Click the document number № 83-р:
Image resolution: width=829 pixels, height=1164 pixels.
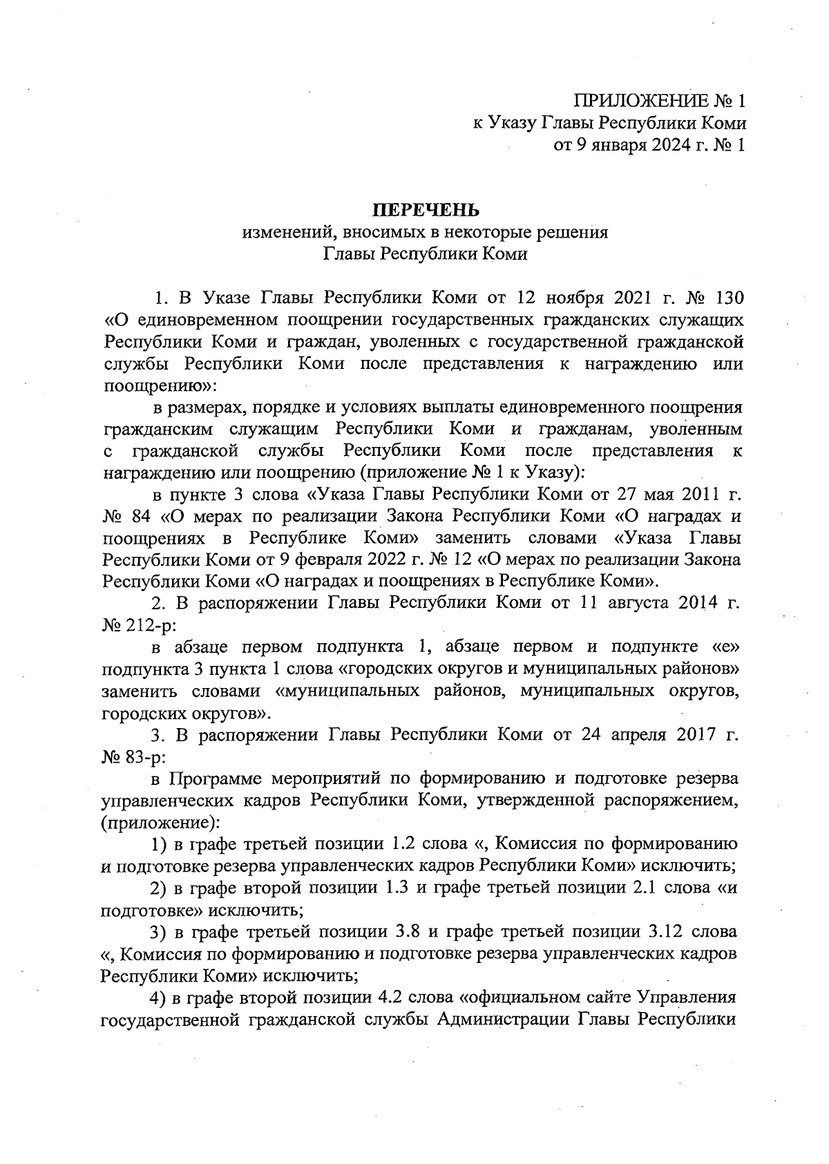point(133,756)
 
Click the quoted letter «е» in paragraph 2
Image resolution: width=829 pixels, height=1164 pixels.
point(720,647)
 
